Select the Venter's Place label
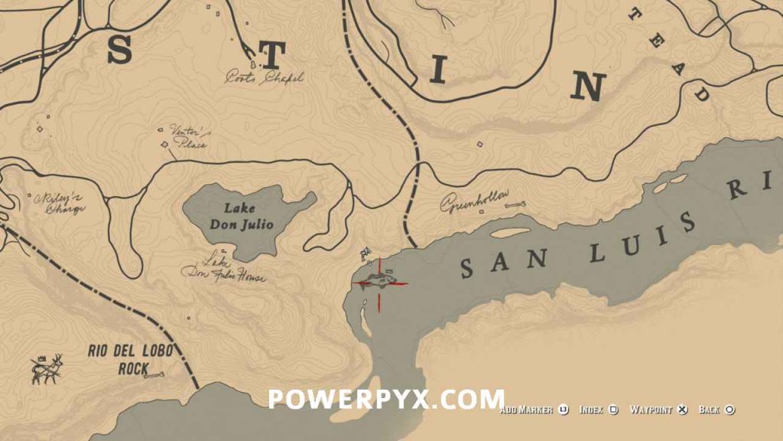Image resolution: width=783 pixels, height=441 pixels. point(187,137)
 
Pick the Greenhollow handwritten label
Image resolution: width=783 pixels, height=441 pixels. point(474,202)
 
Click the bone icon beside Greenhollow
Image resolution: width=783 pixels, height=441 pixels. point(517,204)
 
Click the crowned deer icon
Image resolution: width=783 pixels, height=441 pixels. point(47,369)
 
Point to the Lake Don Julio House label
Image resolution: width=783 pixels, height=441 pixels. point(223,269)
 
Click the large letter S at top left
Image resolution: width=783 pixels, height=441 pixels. point(119,51)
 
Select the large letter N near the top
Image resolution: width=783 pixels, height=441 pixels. point(588,87)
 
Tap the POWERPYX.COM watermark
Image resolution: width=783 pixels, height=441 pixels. point(386,399)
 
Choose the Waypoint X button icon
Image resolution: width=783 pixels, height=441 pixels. point(684,410)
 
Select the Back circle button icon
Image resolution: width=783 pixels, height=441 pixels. point(729,410)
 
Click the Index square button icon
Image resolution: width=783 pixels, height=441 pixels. point(613,410)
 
